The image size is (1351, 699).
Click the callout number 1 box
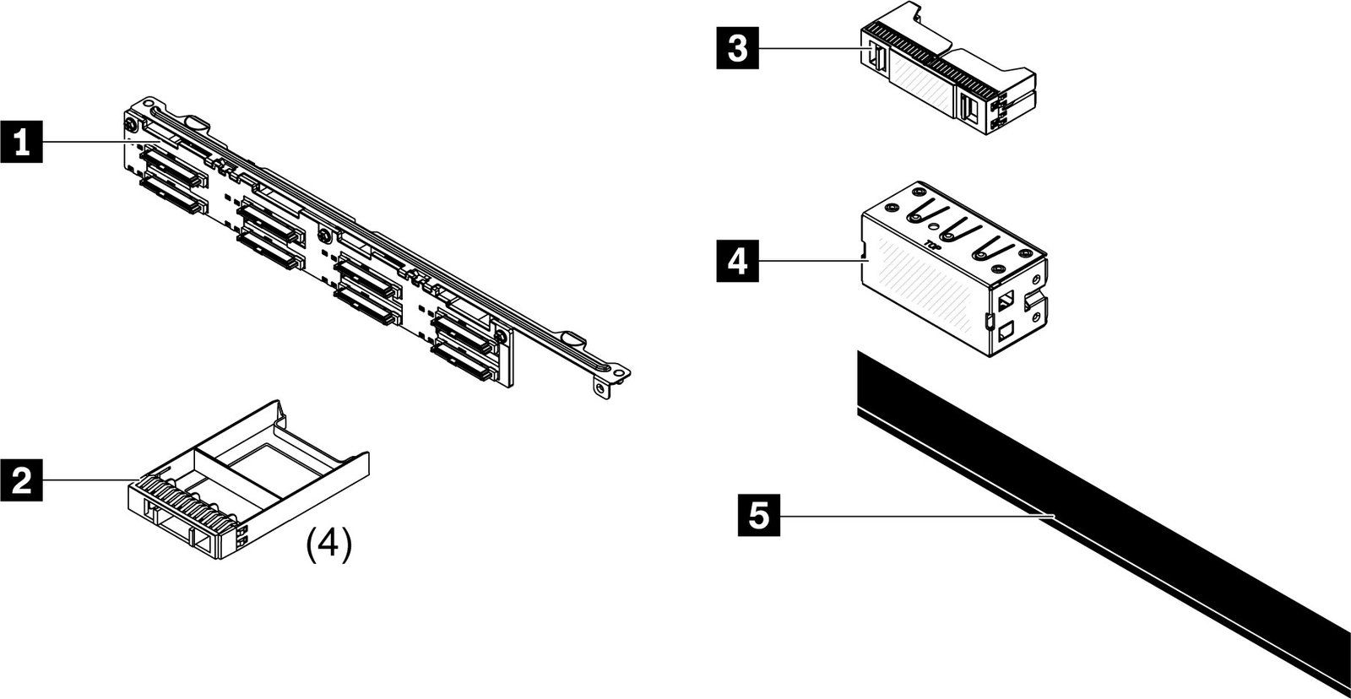[23, 144]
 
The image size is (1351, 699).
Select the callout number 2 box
[23, 480]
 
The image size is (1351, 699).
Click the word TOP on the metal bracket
[933, 246]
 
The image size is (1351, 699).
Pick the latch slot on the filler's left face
[876, 57]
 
